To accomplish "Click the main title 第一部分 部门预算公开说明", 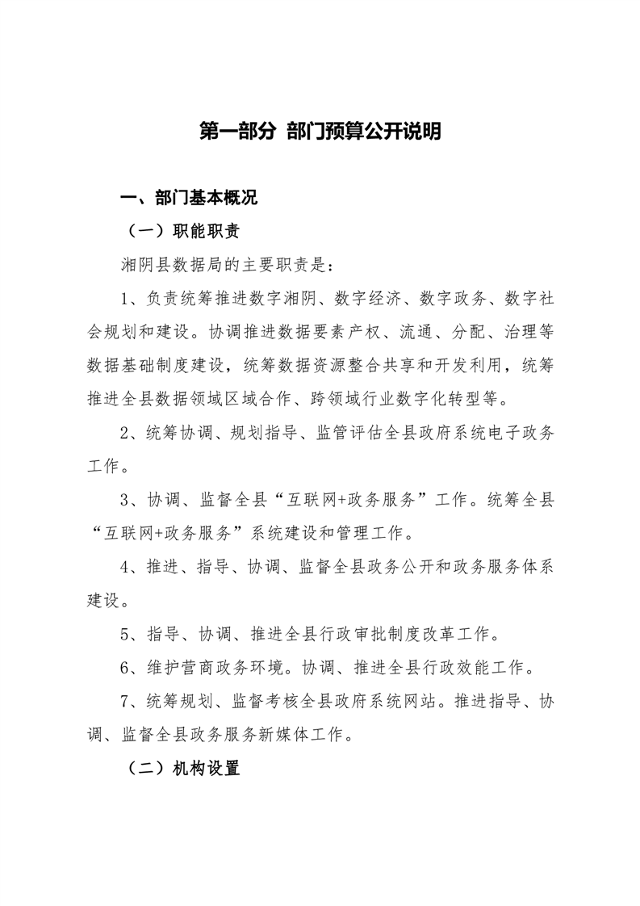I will pos(320,132).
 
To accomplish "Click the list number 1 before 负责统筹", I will pos(125,299).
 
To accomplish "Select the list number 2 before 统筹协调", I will pos(125,433).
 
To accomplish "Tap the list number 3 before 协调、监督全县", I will pos(125,500).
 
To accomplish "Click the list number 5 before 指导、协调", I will pos(125,634).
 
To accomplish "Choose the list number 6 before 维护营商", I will pos(125,668).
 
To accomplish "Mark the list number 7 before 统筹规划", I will pos(125,701).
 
